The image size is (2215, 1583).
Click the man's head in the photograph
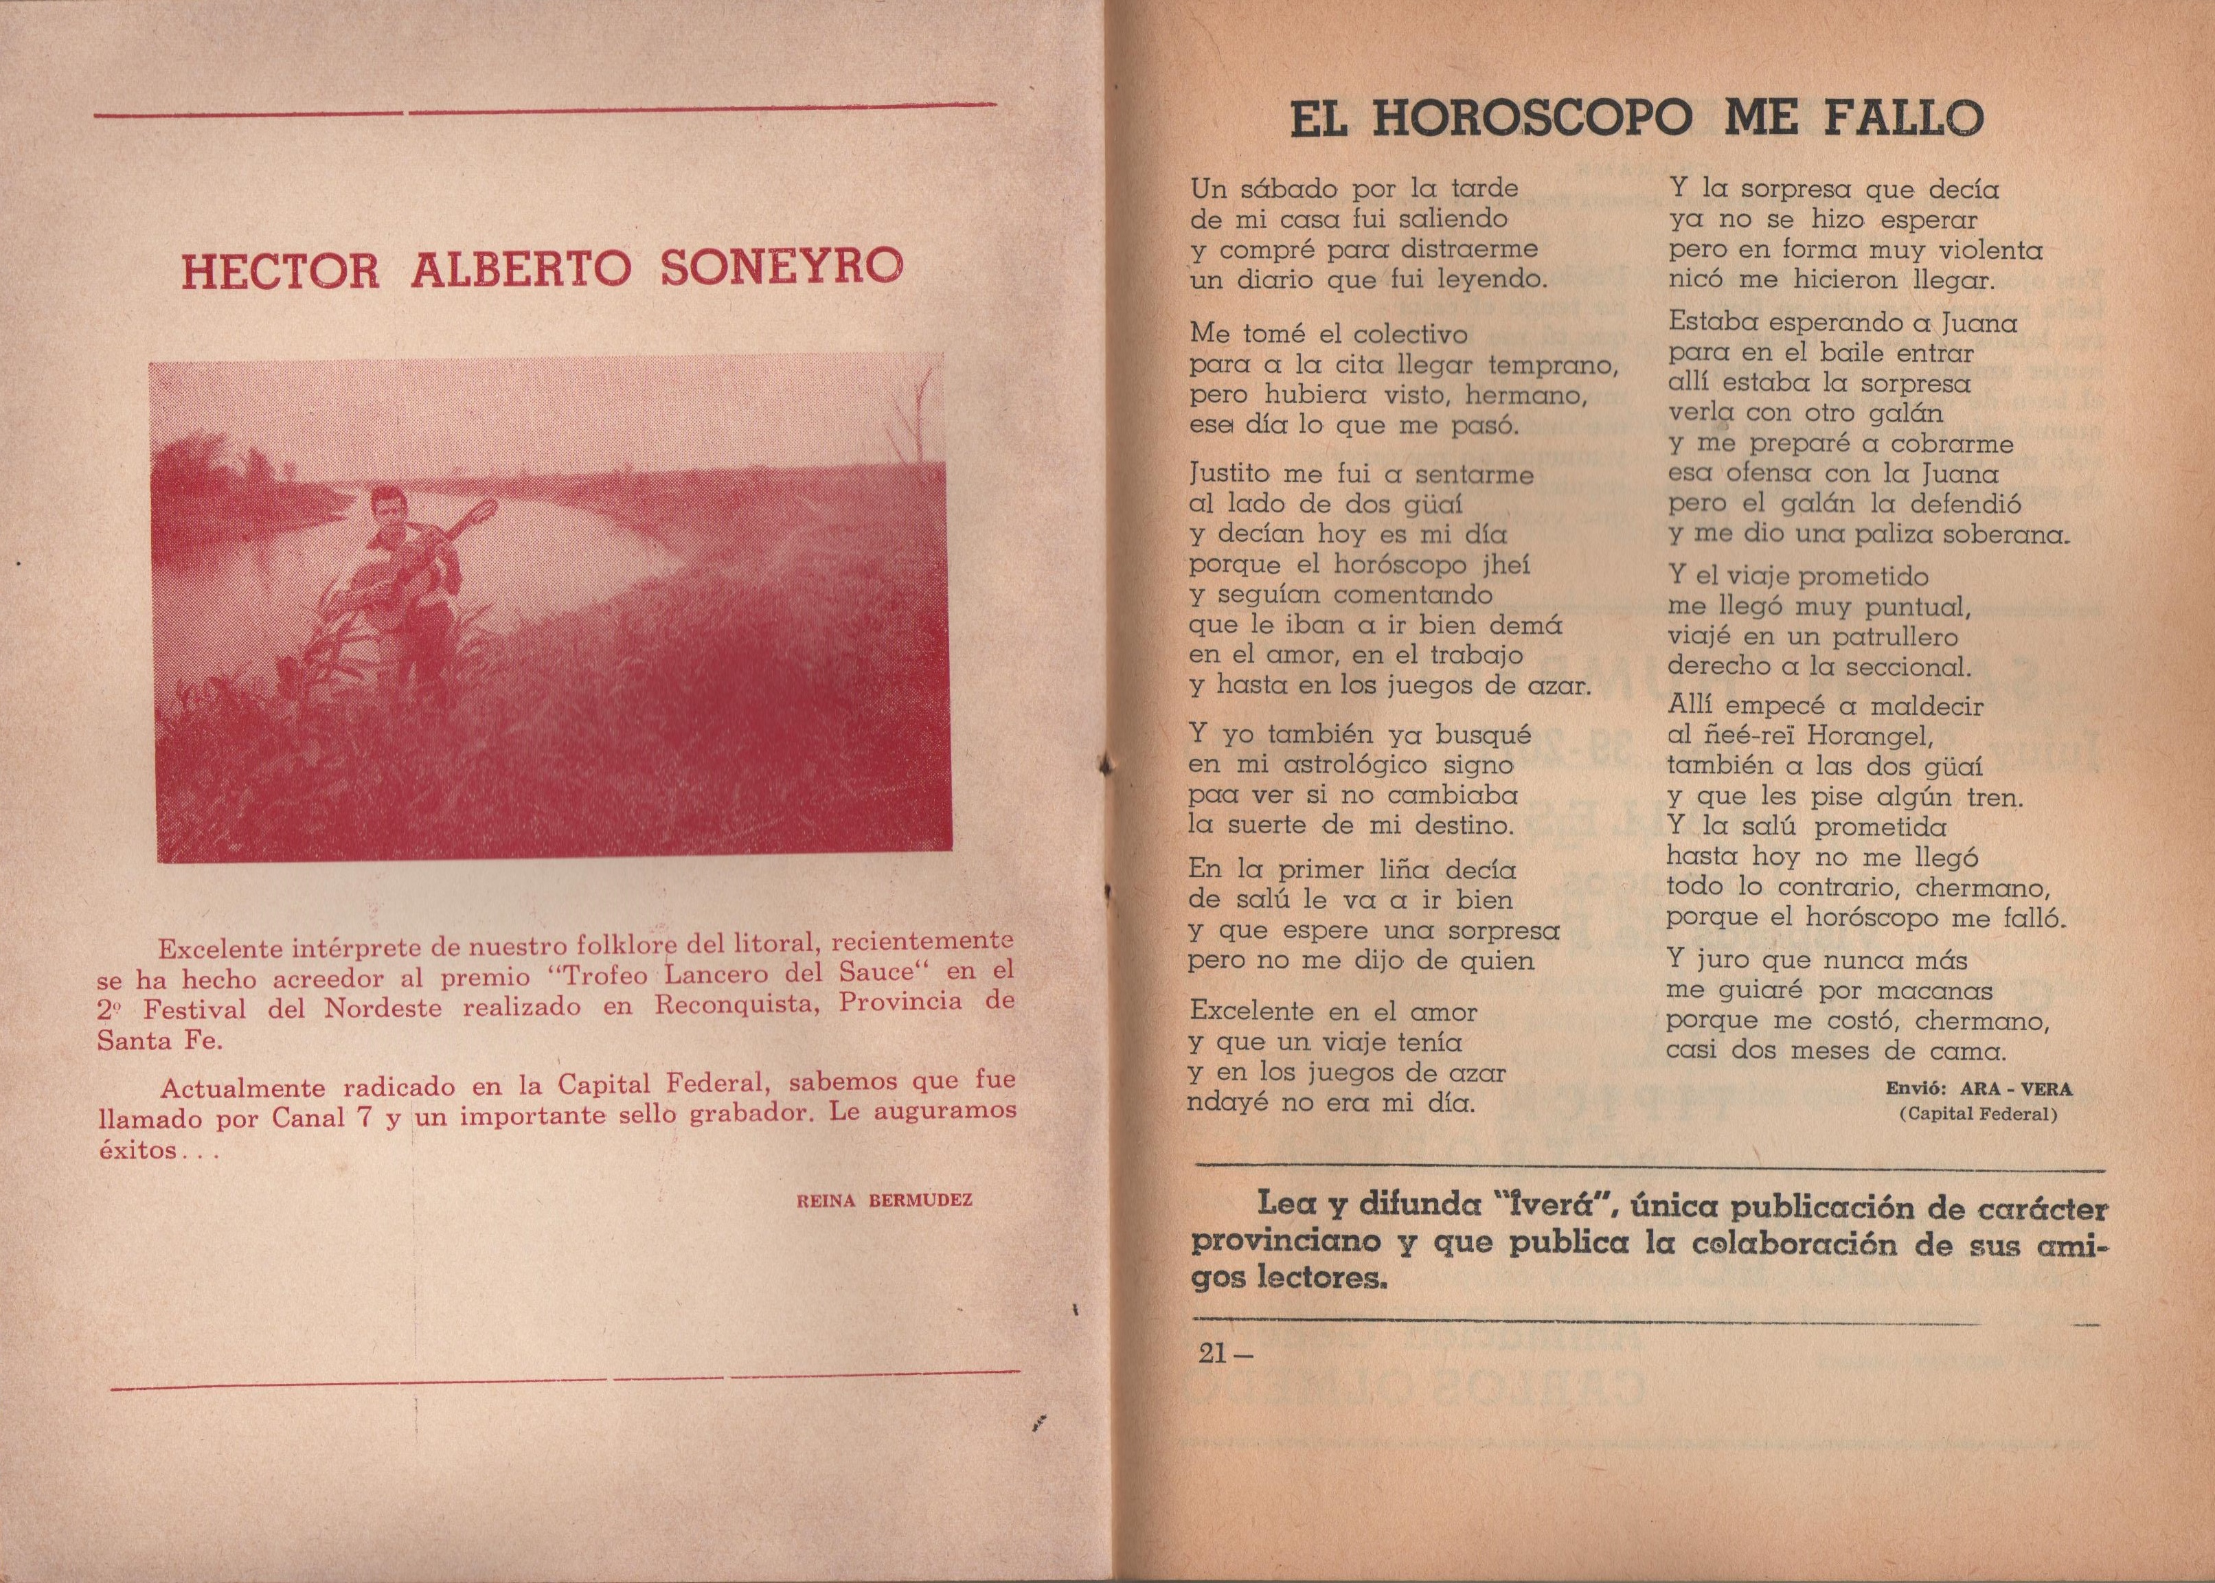click(x=387, y=507)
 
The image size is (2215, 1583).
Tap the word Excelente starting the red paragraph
click(x=230, y=946)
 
